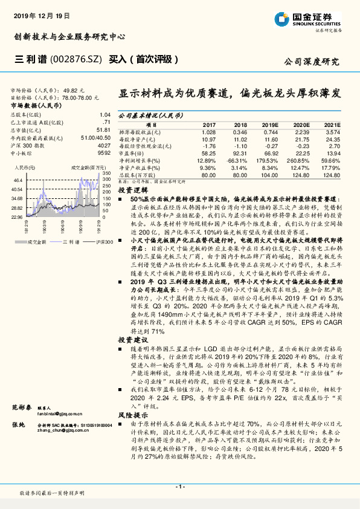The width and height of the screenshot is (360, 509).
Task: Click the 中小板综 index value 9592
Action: click(103, 153)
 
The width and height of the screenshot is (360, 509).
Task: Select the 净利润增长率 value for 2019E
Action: click(269, 160)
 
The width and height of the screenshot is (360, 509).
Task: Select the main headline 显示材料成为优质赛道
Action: click(174, 95)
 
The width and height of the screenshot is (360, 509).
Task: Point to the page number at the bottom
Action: click(179, 486)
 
